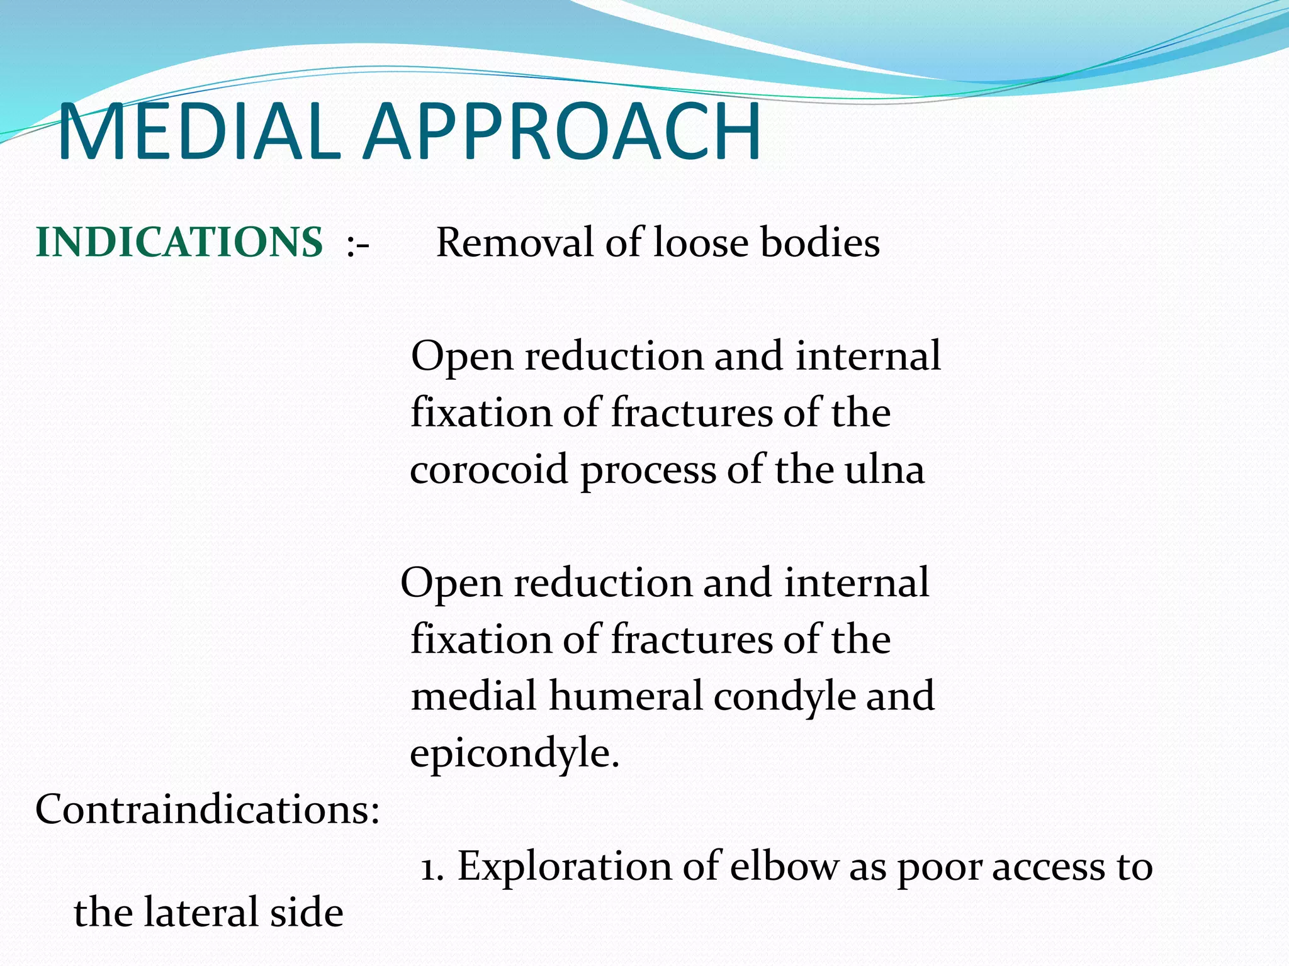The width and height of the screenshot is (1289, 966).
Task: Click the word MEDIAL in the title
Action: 199,133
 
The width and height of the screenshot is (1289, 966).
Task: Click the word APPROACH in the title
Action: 563,133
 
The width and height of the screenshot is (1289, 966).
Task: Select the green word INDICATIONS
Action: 179,243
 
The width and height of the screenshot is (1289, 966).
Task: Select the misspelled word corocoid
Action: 488,470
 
